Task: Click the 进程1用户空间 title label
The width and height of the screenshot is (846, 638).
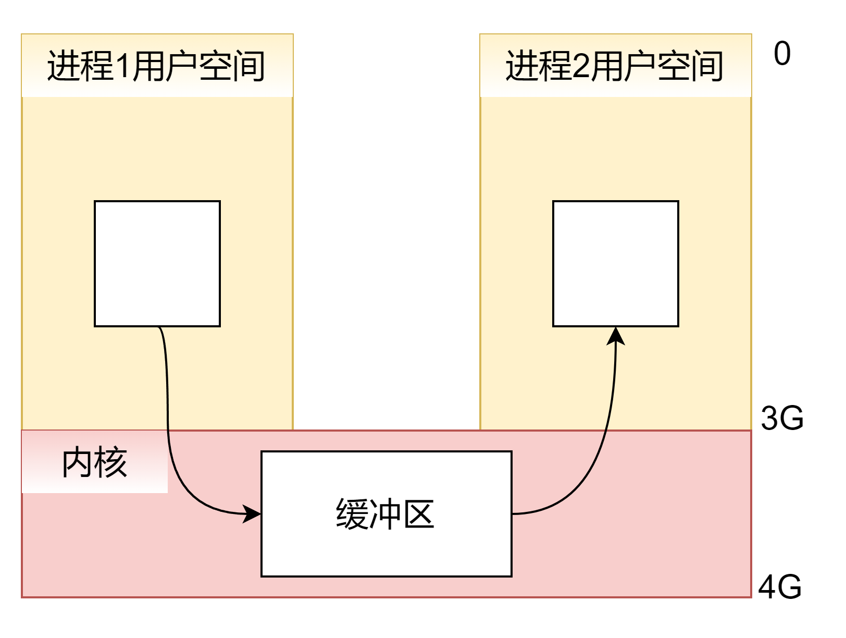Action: click(157, 66)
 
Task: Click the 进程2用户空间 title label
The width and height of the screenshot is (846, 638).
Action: click(615, 66)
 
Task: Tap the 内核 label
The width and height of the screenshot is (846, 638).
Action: click(94, 462)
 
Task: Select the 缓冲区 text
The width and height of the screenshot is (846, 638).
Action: click(385, 514)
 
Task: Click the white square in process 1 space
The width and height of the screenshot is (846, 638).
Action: click(157, 264)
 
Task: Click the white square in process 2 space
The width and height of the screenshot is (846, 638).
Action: click(616, 264)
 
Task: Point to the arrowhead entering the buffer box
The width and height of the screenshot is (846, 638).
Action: click(253, 514)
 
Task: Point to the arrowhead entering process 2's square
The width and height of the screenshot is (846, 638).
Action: click(616, 336)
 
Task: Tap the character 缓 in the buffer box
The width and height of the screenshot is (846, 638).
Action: click(352, 514)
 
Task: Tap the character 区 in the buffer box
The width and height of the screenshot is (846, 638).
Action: click(418, 514)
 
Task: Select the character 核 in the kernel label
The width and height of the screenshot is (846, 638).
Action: click(111, 462)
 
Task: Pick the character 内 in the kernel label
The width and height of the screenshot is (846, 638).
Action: click(78, 462)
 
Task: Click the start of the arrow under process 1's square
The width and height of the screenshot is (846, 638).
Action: click(159, 328)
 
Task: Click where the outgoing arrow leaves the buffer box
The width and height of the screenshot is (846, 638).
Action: click(514, 514)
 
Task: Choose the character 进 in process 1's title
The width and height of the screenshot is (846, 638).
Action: click(63, 66)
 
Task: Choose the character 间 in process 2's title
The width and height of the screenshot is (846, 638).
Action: click(707, 66)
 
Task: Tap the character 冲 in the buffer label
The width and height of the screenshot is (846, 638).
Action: click(385, 514)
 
